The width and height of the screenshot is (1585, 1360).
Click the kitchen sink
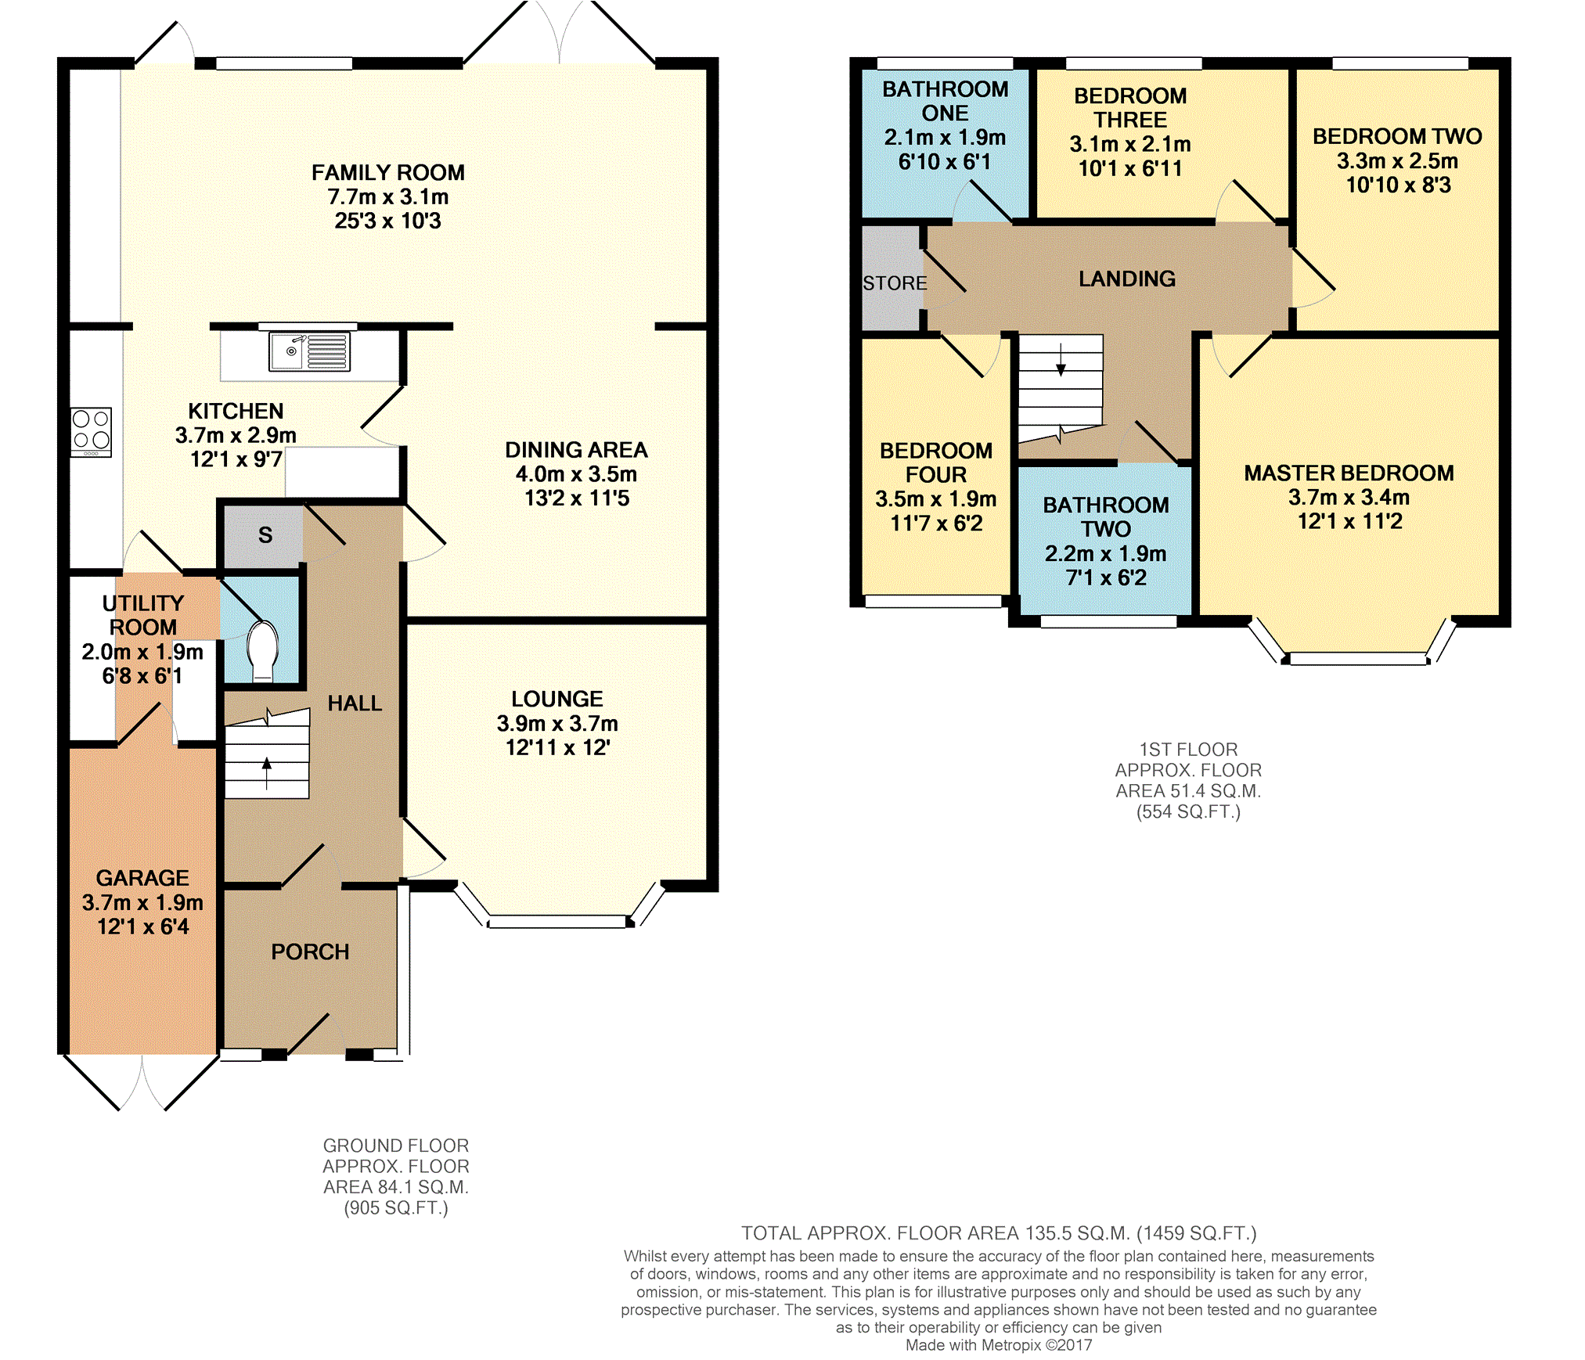click(309, 351)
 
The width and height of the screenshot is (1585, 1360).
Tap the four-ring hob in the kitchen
click(92, 432)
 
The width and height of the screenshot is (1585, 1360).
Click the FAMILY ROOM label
click(387, 172)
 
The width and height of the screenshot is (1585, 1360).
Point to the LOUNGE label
click(557, 699)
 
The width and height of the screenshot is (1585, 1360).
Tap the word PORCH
click(310, 952)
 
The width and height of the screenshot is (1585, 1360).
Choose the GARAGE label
click(142, 878)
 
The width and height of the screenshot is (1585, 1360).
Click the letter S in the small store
click(265, 535)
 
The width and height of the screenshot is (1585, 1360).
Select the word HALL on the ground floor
click(355, 703)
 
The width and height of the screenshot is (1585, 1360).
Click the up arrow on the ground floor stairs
click(266, 773)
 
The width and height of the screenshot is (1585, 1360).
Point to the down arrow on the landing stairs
click(1061, 359)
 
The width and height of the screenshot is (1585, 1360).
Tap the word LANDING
click(1127, 279)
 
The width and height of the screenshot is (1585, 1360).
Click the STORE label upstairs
click(895, 283)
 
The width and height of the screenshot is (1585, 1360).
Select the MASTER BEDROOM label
click(1349, 473)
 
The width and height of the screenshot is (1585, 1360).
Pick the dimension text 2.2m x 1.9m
click(1105, 553)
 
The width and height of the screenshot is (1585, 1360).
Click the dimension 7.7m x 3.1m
click(387, 196)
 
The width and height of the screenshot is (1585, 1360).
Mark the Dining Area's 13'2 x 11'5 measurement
click(577, 498)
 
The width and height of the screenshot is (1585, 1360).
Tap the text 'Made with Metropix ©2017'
click(999, 1345)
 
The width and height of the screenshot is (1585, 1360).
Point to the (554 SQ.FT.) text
click(1188, 811)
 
